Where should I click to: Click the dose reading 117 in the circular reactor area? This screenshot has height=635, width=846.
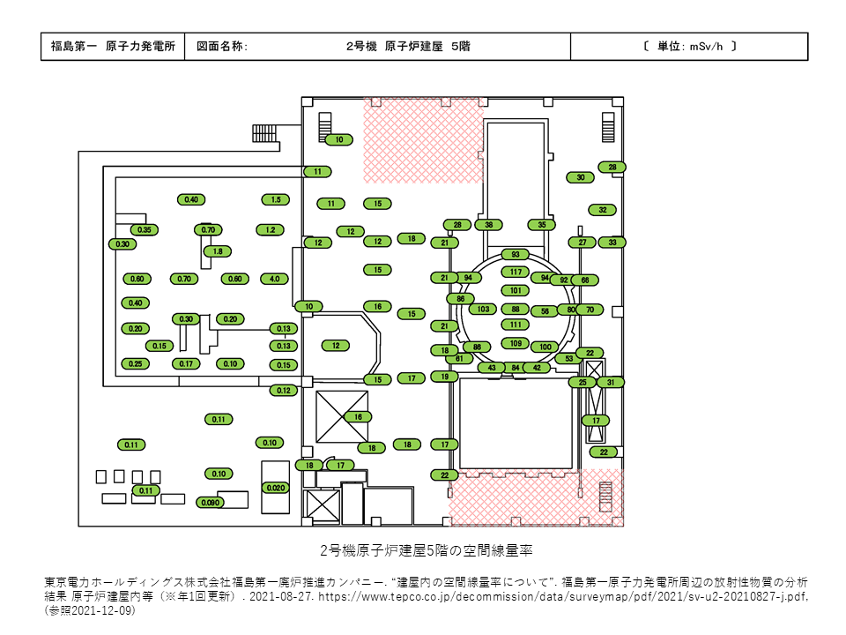[x=516, y=272]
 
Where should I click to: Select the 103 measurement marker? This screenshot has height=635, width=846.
[x=482, y=310]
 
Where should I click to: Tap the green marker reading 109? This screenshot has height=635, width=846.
[x=516, y=343]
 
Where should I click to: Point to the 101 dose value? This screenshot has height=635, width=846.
[x=516, y=290]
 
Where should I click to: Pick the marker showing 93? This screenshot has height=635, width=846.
[x=516, y=255]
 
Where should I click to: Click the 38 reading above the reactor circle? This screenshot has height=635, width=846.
[x=488, y=225]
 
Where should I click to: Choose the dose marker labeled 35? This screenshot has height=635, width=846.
[x=542, y=225]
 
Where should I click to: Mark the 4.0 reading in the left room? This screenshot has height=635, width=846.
[x=274, y=279]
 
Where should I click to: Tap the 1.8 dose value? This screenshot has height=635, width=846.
[x=218, y=251]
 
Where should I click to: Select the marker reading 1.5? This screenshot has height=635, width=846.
[x=276, y=199]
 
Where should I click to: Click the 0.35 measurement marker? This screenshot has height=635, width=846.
[x=145, y=230]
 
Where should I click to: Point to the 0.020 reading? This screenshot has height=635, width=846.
[x=276, y=488]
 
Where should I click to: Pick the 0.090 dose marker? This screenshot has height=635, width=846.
[x=210, y=503]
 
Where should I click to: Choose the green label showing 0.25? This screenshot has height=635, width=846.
[x=135, y=363]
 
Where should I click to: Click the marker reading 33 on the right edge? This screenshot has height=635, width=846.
[x=612, y=242]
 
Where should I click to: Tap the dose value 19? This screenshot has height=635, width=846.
[x=445, y=377]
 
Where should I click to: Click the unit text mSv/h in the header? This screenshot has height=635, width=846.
[x=704, y=46]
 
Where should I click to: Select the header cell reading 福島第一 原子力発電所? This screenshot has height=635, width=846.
[x=112, y=46]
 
